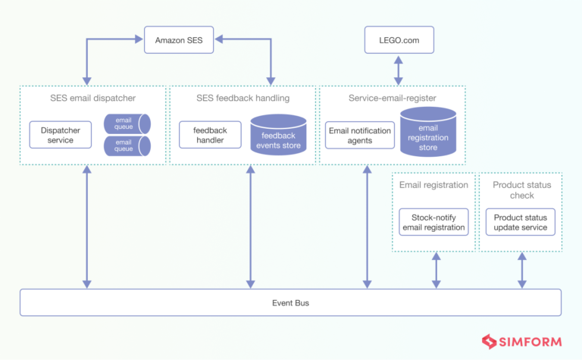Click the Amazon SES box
[179, 39]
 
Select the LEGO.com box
[399, 39]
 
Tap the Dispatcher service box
[61, 134]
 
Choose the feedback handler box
[210, 134]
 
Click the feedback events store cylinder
[278, 135]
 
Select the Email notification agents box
[360, 135]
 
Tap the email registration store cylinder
[428, 133]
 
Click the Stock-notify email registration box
[434, 222]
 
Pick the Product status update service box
[521, 222]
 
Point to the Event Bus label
[290, 302]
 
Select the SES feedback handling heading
[242, 98]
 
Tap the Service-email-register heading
[392, 98]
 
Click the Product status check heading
[521, 190]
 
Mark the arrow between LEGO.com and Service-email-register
[399, 69]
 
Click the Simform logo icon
[489, 341]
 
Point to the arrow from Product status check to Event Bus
[521, 270]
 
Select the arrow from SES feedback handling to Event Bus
[249, 227]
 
